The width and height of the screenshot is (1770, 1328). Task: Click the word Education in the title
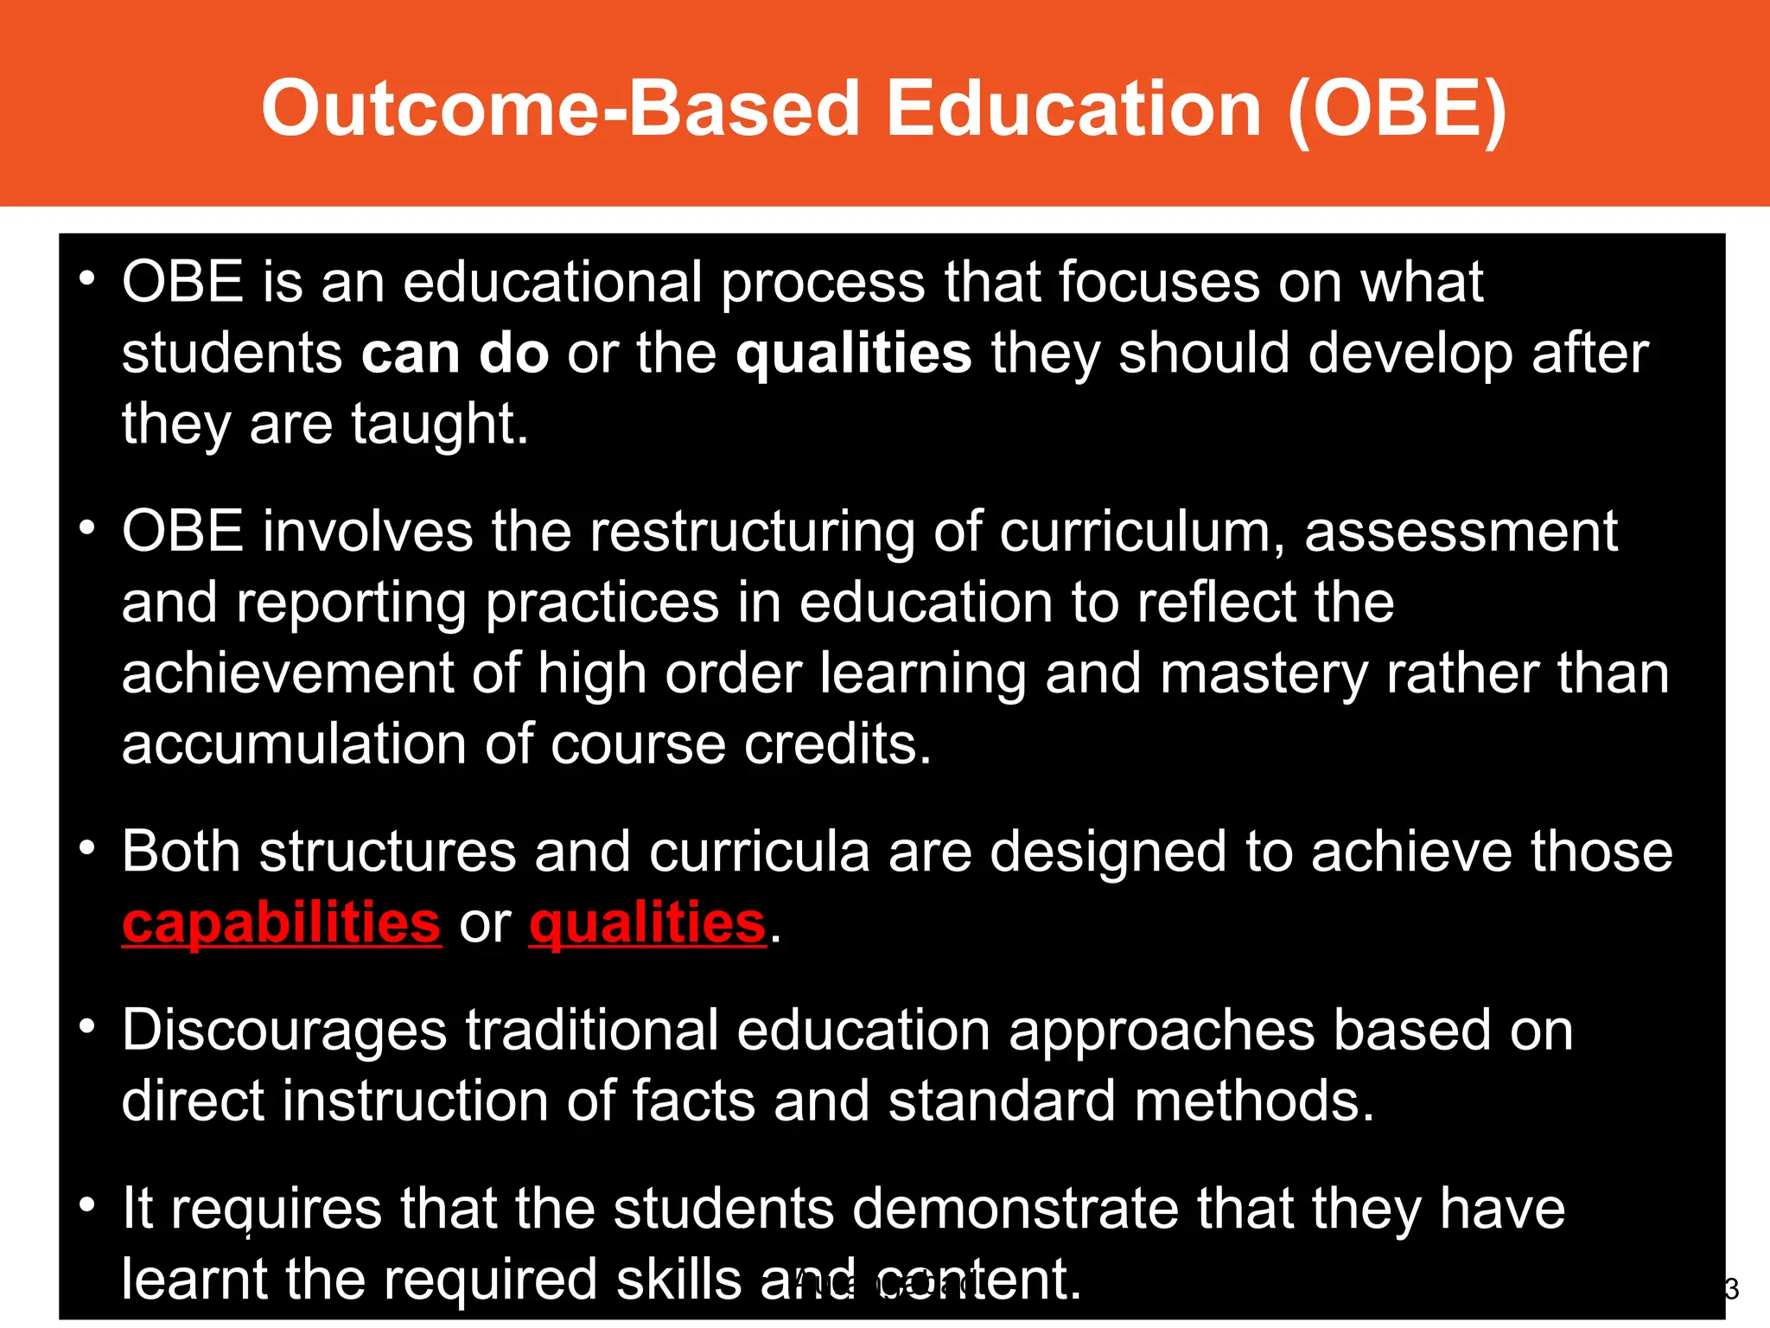pyautogui.click(x=1074, y=109)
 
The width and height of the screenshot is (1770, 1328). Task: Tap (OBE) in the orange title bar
pyautogui.click(x=1397, y=109)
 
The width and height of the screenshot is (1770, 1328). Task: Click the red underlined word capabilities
pyautogui.click(x=282, y=923)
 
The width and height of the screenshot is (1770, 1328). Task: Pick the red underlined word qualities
pyautogui.click(x=647, y=923)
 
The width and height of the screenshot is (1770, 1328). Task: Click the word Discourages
pyautogui.click(x=284, y=1030)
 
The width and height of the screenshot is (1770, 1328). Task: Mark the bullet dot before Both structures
pyautogui.click(x=86, y=848)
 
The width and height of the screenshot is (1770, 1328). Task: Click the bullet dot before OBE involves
pyautogui.click(x=86, y=527)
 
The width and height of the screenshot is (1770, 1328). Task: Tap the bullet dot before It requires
pyautogui.click(x=86, y=1204)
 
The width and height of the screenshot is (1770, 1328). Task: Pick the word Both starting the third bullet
pyautogui.click(x=181, y=852)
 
